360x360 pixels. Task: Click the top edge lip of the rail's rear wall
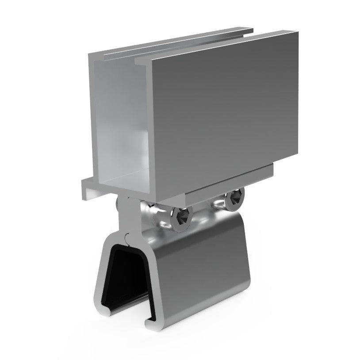177,42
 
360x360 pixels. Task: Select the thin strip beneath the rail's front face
230,175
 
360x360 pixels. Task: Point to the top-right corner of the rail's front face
296,34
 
